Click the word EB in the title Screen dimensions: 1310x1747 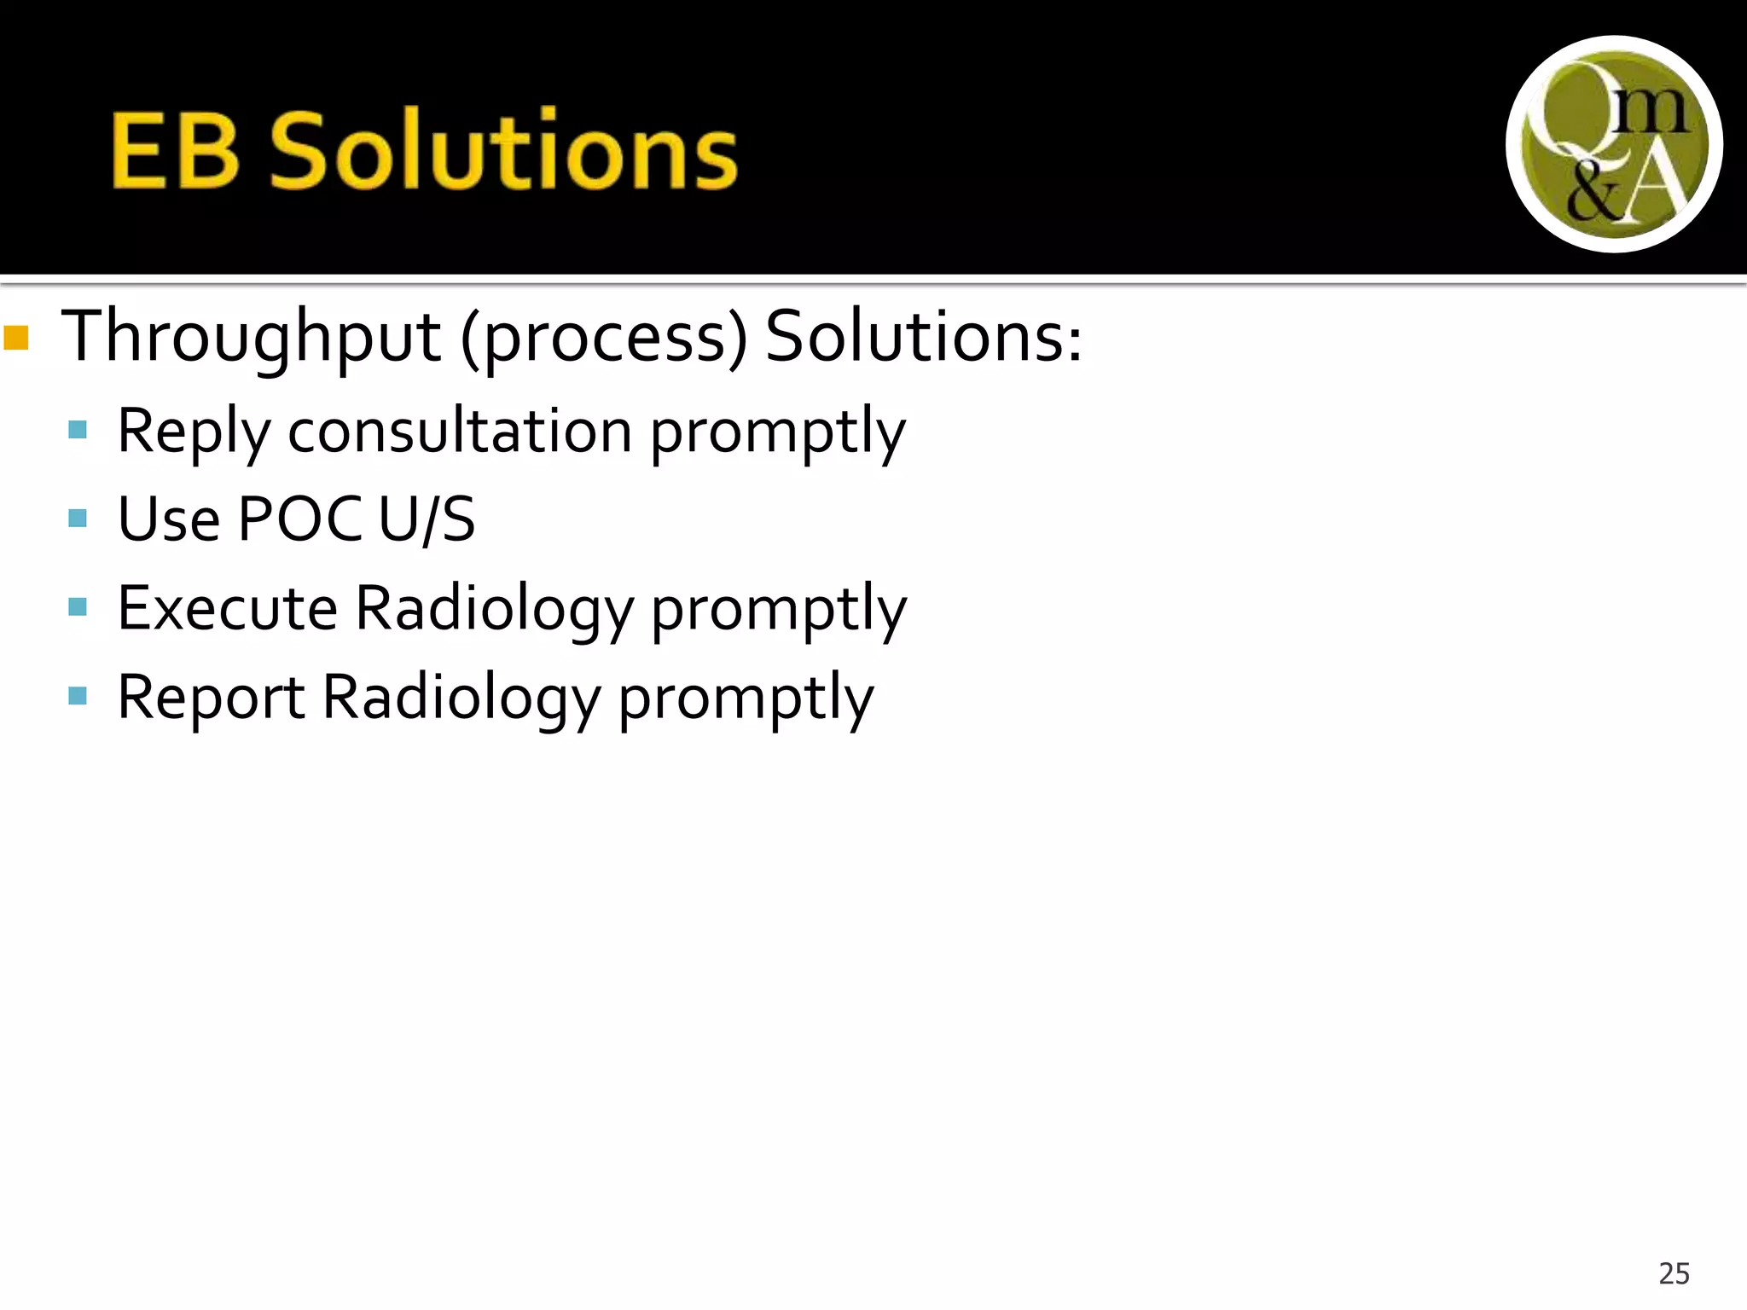coord(174,152)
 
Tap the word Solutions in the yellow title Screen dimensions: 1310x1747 coord(503,152)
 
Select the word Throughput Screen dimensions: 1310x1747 coord(252,338)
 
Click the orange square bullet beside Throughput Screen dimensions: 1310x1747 coord(16,338)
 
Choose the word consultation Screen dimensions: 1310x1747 coord(460,432)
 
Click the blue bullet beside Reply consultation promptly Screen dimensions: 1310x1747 coord(78,429)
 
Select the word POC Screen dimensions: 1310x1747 coord(299,519)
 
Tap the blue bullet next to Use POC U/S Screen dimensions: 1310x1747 coord(78,518)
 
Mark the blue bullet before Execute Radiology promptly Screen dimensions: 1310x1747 coord(78,606)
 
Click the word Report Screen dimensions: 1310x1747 coord(211,698)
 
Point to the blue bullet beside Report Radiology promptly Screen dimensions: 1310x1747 coord(78,695)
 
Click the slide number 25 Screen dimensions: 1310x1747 coord(1674,1273)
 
